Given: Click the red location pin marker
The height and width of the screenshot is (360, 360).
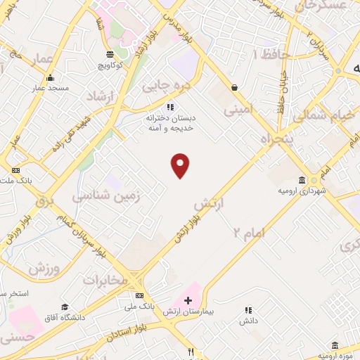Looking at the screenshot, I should point(181,165).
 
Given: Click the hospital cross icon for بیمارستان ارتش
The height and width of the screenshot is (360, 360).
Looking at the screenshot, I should point(188,300).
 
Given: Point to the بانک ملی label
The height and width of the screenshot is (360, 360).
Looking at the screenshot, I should point(139,306).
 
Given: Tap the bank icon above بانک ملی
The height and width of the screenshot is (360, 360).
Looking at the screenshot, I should point(139,295).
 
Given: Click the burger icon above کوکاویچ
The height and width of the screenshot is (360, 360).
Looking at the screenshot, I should point(110,53).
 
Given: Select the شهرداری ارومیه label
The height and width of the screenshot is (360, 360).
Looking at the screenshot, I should point(302,191).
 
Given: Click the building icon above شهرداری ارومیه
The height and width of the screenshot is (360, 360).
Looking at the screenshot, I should point(302,179).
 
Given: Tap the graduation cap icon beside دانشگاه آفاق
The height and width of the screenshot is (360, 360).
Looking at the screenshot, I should point(65,307).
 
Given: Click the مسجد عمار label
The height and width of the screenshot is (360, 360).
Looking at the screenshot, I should point(48,88).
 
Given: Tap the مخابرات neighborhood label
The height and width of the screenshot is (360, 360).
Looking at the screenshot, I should point(106,281).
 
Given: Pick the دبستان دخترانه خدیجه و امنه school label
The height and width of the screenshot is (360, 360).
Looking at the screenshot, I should point(169,124).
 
